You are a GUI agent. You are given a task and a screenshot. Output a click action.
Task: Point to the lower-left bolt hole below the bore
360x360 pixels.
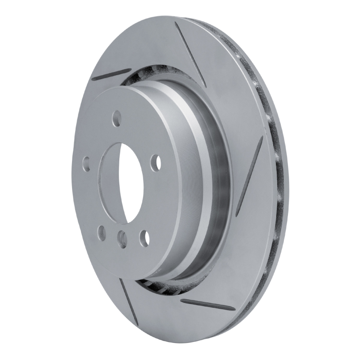102,233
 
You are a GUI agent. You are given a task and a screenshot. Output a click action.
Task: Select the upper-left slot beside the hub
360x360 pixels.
111,74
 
